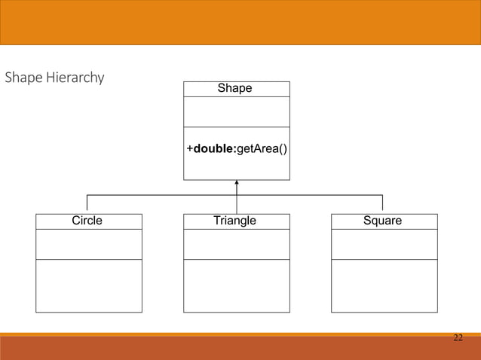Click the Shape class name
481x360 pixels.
coord(234,89)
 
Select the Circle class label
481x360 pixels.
coord(87,221)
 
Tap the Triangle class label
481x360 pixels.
coord(234,221)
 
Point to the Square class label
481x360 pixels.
coord(382,221)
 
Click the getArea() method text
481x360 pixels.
coord(262,149)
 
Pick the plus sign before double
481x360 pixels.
coord(189,149)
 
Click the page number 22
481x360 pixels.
coord(458,337)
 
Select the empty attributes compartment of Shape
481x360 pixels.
coord(236,111)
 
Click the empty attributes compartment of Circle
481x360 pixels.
coord(88,244)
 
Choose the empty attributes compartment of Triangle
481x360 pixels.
coord(236,244)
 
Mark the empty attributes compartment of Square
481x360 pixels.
coord(384,244)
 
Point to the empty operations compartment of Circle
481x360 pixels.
coord(88,285)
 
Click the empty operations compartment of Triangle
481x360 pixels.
coord(236,285)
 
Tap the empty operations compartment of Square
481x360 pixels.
coord(384,285)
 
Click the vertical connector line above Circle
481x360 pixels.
coord(87,203)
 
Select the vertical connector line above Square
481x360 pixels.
coord(383,203)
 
